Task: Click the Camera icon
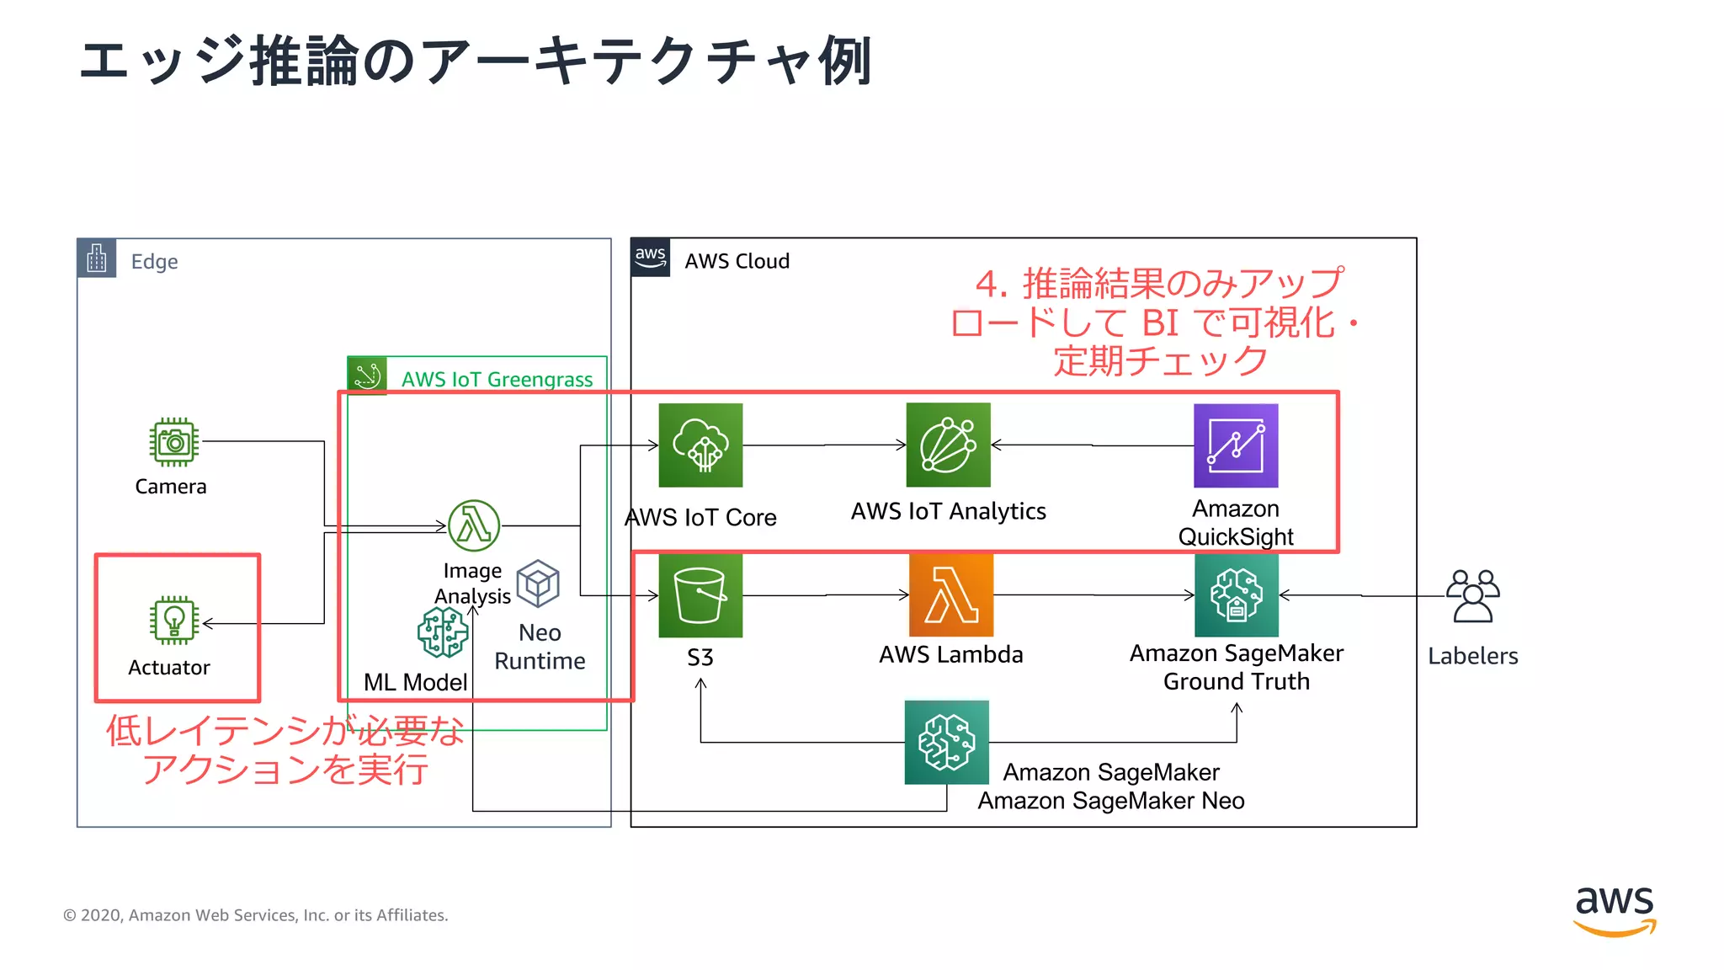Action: pyautogui.click(x=174, y=442)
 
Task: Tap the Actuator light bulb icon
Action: pyautogui.click(x=174, y=621)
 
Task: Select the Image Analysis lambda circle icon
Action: pyautogui.click(x=474, y=525)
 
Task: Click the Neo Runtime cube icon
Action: pyautogui.click(x=538, y=584)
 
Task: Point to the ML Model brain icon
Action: pyautogui.click(x=443, y=632)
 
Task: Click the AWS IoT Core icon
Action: pyautogui.click(x=700, y=445)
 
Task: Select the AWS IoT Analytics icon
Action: pyautogui.click(x=948, y=445)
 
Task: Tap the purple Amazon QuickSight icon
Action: pyautogui.click(x=1236, y=445)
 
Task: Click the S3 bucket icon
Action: pyautogui.click(x=700, y=595)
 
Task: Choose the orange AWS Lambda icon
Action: pyautogui.click(x=951, y=595)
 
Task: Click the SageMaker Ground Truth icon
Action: pyautogui.click(x=1236, y=595)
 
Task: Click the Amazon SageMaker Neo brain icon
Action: pyautogui.click(x=946, y=743)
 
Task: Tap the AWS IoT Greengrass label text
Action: pyautogui.click(x=497, y=380)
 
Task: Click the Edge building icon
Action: pyautogui.click(x=97, y=258)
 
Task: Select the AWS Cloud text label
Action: pyautogui.click(x=737, y=261)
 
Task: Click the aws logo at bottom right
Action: pyautogui.click(x=1615, y=910)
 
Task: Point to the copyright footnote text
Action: pyautogui.click(x=256, y=915)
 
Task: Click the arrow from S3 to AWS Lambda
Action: pyautogui.click(x=825, y=595)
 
